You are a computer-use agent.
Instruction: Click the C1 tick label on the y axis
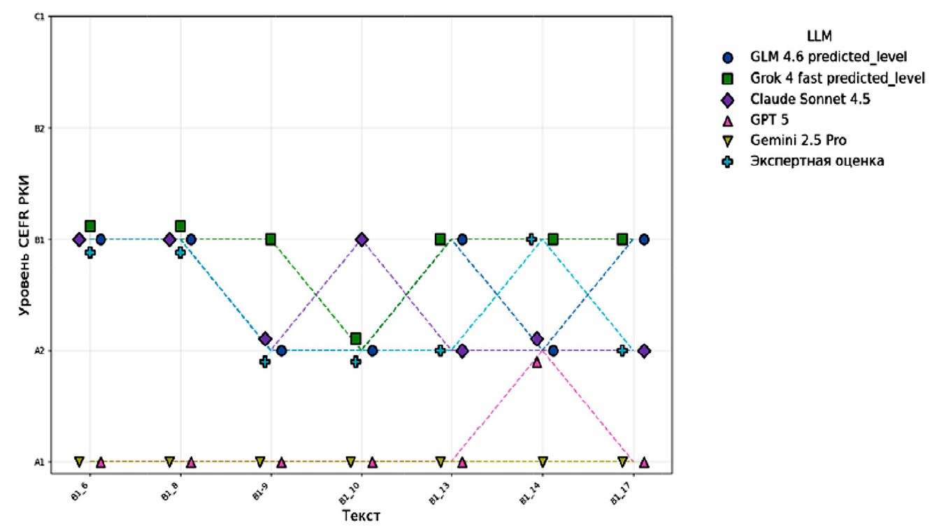coord(40,16)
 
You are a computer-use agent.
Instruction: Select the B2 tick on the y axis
coord(40,128)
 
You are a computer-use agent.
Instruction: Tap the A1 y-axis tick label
coord(40,462)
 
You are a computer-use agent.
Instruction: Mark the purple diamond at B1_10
coord(361,239)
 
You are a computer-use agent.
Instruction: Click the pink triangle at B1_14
coord(537,362)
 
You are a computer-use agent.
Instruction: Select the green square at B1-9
coord(271,239)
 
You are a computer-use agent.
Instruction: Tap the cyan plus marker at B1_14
coord(531,239)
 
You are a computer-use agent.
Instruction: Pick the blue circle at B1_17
coord(644,239)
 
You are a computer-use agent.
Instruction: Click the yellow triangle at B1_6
coord(79,461)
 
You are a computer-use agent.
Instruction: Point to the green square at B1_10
coord(356,338)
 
